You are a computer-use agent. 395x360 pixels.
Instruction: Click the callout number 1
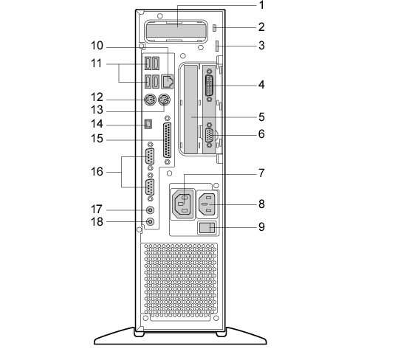[262, 5]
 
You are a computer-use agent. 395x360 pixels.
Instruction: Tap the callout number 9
[262, 226]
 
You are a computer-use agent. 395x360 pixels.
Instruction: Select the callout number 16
[97, 172]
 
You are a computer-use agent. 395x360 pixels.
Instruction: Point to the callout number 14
[97, 124]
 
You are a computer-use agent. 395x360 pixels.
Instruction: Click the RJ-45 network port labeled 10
[168, 81]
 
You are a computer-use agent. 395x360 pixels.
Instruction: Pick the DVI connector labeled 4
[210, 85]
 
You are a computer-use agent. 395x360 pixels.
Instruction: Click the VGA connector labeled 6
[210, 135]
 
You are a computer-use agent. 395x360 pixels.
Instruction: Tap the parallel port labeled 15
[167, 140]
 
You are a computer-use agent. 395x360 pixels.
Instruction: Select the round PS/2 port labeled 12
[150, 100]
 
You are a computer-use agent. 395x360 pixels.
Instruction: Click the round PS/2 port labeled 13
[164, 100]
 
